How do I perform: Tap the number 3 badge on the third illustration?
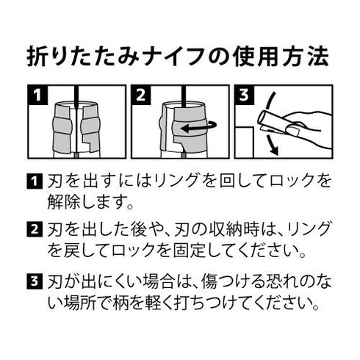pyautogui.click(x=245, y=96)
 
